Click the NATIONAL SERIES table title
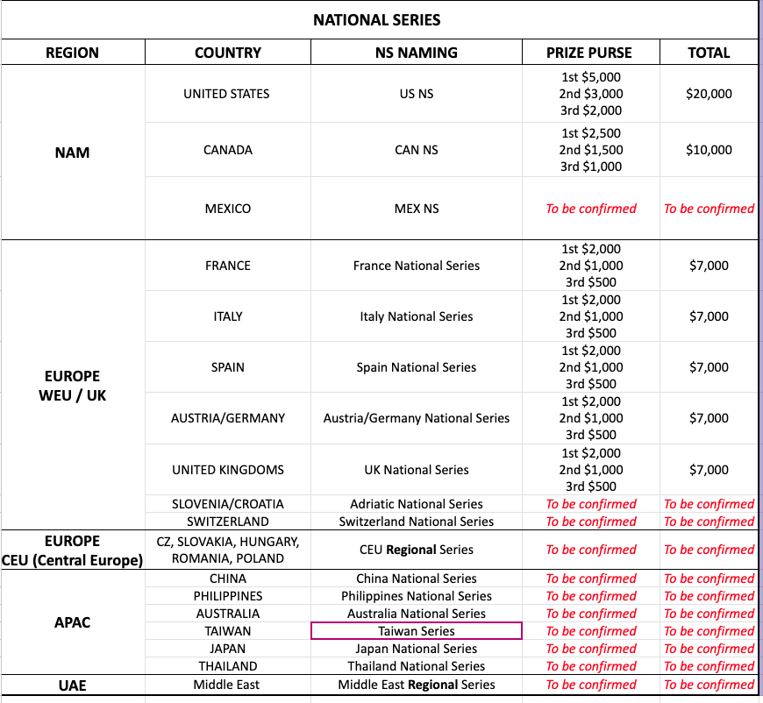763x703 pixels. click(x=377, y=19)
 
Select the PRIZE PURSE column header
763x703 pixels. click(x=589, y=53)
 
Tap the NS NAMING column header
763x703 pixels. click(x=416, y=53)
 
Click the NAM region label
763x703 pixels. click(x=72, y=153)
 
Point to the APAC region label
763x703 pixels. click(x=72, y=622)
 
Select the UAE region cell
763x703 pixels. click(x=72, y=685)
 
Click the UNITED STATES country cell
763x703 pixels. click(x=226, y=94)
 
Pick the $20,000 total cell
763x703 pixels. click(x=709, y=94)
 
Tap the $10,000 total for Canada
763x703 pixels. click(x=709, y=150)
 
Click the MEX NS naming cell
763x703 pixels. click(x=416, y=209)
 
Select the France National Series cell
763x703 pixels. click(x=416, y=266)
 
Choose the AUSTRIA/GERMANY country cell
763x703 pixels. click(x=228, y=418)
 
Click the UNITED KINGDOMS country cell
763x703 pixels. click(x=228, y=470)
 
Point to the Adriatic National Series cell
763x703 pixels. click(x=416, y=504)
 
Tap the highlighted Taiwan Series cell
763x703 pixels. click(x=416, y=631)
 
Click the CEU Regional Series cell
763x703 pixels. click(x=416, y=550)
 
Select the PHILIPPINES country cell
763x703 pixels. click(x=228, y=596)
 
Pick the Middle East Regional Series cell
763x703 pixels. click(x=416, y=685)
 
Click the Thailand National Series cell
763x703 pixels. click(x=416, y=666)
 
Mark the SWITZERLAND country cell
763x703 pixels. click(x=228, y=522)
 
